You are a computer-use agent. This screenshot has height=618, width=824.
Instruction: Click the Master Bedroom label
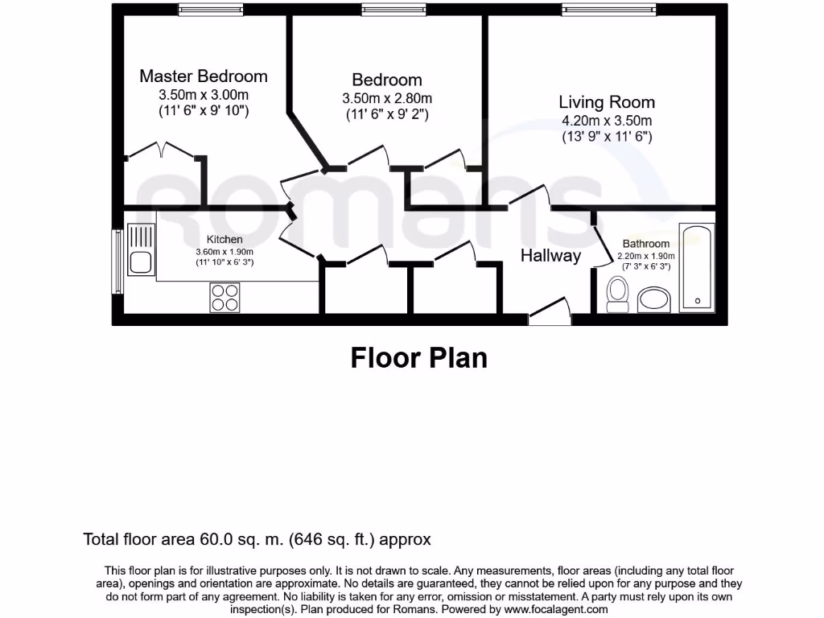point(204,76)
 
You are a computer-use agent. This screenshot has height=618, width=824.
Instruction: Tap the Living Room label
point(607,102)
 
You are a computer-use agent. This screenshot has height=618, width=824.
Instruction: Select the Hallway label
point(550,256)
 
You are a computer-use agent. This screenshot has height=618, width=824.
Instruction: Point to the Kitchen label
point(225,240)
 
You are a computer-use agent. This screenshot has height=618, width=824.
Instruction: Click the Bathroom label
point(646,244)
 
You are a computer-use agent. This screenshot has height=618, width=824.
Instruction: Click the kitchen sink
point(141,249)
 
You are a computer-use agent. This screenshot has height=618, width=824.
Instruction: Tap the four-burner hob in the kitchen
point(225,298)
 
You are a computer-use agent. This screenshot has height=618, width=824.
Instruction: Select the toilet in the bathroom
point(617,295)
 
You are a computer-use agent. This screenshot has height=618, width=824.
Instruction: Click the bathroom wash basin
point(654,300)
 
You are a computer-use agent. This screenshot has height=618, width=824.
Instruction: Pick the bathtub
point(697,267)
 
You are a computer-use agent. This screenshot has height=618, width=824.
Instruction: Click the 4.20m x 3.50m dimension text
point(607,121)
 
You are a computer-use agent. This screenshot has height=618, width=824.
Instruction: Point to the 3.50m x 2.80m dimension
point(387,98)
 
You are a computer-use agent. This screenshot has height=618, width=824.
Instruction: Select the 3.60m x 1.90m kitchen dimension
point(225,252)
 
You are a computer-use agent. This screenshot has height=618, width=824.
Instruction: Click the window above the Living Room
point(609,10)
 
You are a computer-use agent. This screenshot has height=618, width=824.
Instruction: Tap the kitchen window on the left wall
point(118,262)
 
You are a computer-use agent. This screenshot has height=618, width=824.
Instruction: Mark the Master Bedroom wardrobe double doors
point(162,150)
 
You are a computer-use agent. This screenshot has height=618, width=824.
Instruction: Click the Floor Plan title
point(418,358)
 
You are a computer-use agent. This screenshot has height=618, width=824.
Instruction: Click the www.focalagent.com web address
point(556,610)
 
